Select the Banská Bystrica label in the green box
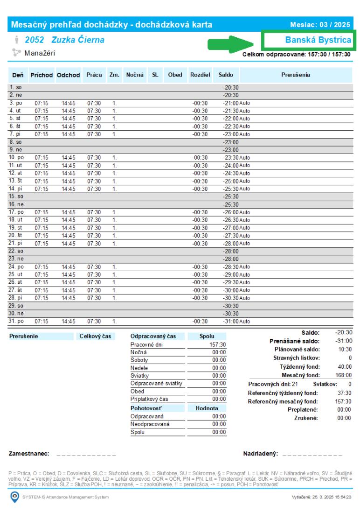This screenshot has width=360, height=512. pyautogui.click(x=318, y=41)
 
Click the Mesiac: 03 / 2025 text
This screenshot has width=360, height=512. pyautogui.click(x=321, y=24)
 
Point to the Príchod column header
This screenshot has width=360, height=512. pyautogui.click(x=42, y=75)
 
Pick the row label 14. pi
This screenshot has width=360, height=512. pyautogui.click(x=16, y=189)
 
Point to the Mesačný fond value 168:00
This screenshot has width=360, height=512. pyautogui.click(x=344, y=375)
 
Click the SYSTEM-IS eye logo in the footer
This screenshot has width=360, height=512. pyautogui.click(x=15, y=497)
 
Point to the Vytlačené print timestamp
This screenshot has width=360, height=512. pyautogui.click(x=321, y=497)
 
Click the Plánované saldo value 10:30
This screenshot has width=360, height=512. pyautogui.click(x=345, y=349)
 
